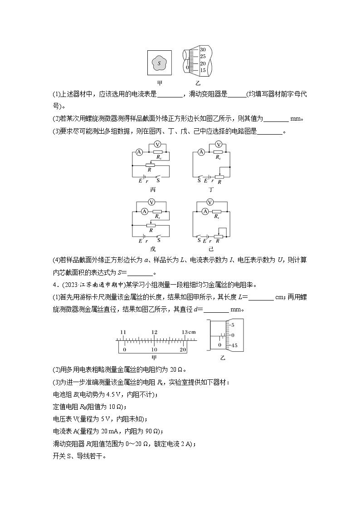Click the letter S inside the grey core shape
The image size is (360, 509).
coord(159,63)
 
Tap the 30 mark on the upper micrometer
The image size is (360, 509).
coord(203,49)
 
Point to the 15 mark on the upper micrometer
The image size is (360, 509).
coord(203,70)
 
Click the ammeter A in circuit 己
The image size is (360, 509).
coord(205,211)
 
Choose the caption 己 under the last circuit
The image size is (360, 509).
coord(211,249)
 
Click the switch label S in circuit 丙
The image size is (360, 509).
coord(158,181)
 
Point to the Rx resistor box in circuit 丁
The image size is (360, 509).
coord(218,152)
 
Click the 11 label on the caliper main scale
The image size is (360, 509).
coord(123,332)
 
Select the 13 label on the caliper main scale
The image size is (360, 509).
coord(186,332)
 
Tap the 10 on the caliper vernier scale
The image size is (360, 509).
coord(154,350)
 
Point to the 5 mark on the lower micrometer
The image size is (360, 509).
coord(233,325)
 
